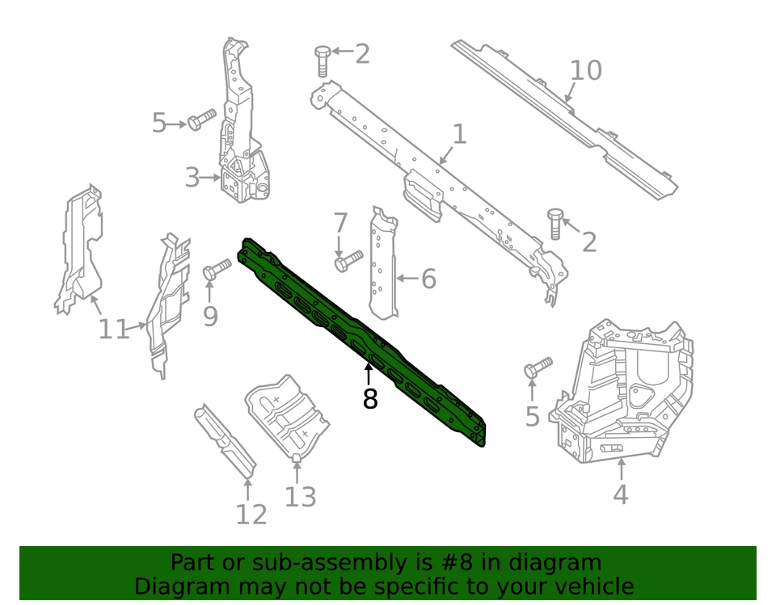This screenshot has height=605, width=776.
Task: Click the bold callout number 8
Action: click(369, 398)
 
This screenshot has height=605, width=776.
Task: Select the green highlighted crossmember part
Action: click(364, 339)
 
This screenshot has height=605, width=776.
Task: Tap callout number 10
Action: click(585, 71)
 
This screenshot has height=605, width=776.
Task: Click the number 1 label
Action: click(459, 134)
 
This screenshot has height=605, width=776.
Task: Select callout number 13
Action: click(300, 497)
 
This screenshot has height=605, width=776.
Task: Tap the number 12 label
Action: click(251, 514)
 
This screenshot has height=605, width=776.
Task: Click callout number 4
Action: click(620, 494)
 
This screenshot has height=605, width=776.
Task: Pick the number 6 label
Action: click(428, 279)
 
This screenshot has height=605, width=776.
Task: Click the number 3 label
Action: click(192, 177)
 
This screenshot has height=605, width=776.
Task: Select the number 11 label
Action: click(114, 329)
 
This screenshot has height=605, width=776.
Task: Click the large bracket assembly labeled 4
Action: click(622, 396)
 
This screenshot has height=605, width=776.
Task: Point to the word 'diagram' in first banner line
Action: click(555, 563)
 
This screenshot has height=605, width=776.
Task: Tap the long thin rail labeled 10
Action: click(566, 121)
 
